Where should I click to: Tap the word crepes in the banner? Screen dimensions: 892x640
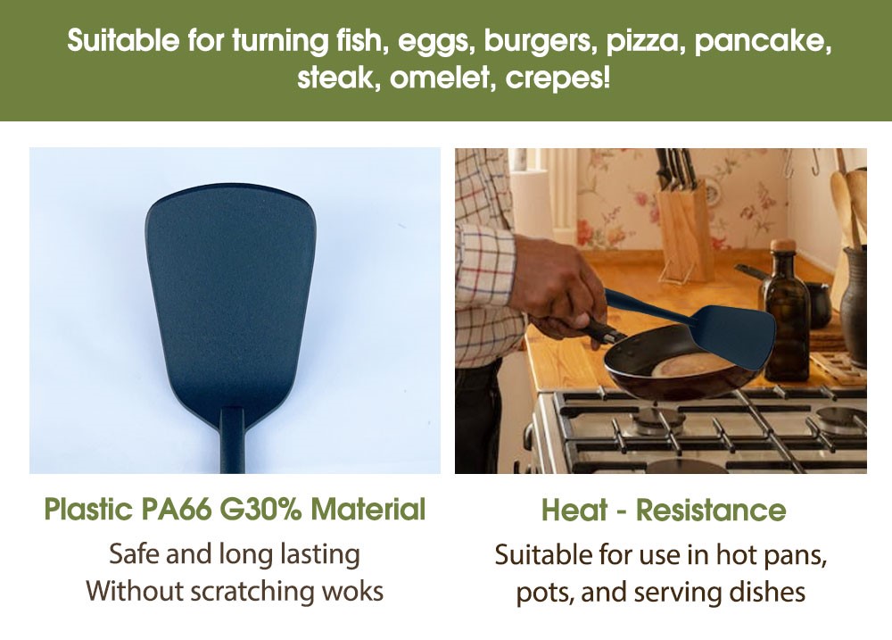tap(557, 78)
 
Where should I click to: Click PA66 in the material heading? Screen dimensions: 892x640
tap(175, 509)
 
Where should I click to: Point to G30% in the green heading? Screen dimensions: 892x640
tap(260, 509)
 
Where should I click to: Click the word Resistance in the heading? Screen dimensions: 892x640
tap(711, 510)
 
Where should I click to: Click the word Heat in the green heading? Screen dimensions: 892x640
tap(574, 510)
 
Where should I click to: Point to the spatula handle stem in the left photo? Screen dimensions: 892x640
tap(232, 440)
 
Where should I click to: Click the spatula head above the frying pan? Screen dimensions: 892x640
tap(734, 333)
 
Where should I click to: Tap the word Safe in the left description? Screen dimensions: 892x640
tap(135, 554)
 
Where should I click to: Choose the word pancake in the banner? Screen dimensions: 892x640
tap(763, 43)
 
